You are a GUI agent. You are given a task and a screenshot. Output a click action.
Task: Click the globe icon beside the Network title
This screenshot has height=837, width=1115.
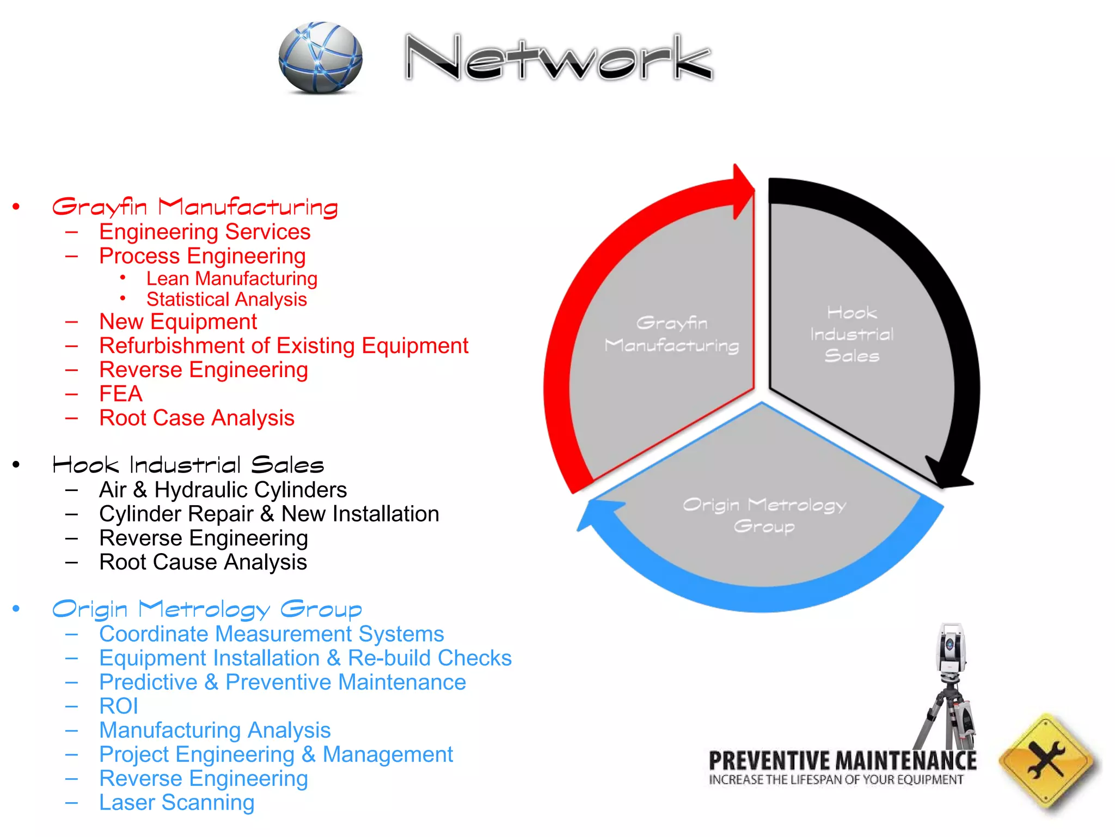pyautogui.click(x=320, y=57)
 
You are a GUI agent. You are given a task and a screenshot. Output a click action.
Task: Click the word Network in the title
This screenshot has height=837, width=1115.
pyautogui.click(x=559, y=58)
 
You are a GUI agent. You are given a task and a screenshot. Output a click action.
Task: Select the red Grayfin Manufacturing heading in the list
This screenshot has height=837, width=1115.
pyautogui.click(x=195, y=207)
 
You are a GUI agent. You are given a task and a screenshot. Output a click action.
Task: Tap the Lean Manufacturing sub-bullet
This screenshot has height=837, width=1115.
pyautogui.click(x=231, y=278)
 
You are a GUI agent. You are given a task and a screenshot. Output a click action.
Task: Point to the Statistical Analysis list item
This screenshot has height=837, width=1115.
pyautogui.click(x=226, y=299)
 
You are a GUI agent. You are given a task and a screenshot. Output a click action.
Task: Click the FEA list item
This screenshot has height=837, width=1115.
pyautogui.click(x=121, y=393)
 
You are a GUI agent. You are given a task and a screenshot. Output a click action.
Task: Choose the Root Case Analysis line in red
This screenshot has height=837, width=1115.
pyautogui.click(x=197, y=418)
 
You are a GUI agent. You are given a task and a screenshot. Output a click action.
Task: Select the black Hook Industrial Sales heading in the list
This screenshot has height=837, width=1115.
pyautogui.click(x=188, y=465)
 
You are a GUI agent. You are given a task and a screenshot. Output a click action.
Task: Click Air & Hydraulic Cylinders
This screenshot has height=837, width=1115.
pyautogui.click(x=223, y=489)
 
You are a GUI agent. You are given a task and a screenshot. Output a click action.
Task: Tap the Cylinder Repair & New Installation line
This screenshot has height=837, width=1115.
pyautogui.click(x=269, y=514)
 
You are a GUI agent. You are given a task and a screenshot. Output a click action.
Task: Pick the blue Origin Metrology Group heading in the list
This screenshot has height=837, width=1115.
pyautogui.click(x=207, y=609)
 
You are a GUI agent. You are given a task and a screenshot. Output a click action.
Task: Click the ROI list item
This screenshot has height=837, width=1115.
pyautogui.click(x=119, y=706)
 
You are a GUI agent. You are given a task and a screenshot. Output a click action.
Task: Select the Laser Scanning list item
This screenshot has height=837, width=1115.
pyautogui.click(x=176, y=803)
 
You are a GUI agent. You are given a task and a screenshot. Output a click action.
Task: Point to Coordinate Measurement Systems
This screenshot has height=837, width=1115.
pyautogui.click(x=271, y=634)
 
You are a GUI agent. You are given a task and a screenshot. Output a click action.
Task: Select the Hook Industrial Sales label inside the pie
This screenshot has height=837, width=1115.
pyautogui.click(x=851, y=334)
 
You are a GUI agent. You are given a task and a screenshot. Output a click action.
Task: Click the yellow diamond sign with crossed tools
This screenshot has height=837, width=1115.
pyautogui.click(x=1046, y=761)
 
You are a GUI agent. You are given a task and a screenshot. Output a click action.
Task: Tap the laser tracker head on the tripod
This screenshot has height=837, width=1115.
pyautogui.click(x=951, y=648)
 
